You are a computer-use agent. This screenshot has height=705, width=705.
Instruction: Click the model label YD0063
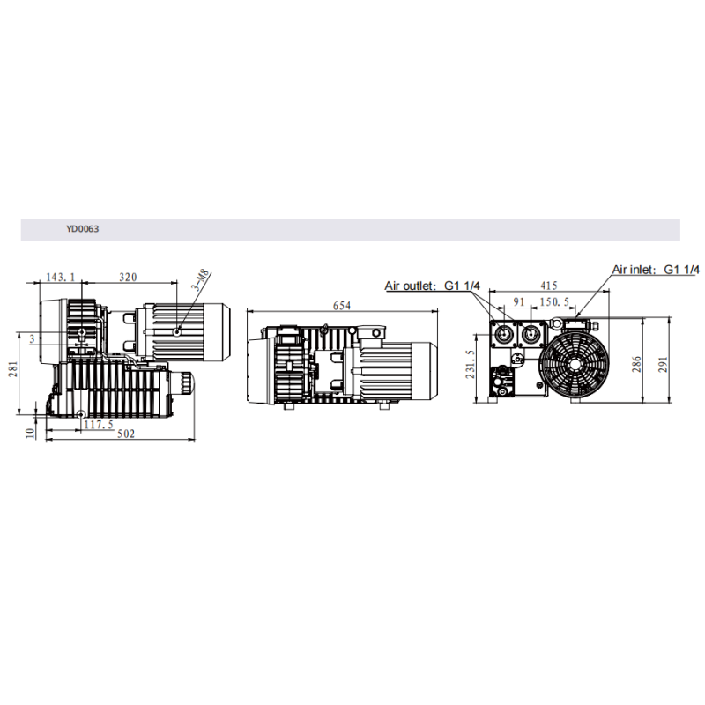pyautogui.click(x=82, y=229)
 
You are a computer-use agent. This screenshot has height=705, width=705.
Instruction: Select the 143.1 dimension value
pyautogui.click(x=61, y=277)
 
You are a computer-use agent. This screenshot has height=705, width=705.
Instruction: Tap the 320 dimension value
pyautogui.click(x=128, y=277)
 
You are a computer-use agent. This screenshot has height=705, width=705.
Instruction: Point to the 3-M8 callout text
pyautogui.click(x=201, y=280)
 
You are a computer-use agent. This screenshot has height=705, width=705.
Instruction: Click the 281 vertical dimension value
pyautogui.click(x=13, y=368)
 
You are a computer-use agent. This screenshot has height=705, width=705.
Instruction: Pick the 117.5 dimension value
pyautogui.click(x=99, y=424)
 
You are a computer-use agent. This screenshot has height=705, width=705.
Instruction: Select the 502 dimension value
pyautogui.click(x=126, y=434)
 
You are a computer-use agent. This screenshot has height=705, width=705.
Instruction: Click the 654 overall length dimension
pyautogui.click(x=342, y=306)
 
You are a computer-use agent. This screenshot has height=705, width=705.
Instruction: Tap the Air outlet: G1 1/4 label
pyautogui.click(x=432, y=286)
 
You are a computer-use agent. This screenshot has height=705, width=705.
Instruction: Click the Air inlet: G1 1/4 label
pyautogui.click(x=656, y=270)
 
